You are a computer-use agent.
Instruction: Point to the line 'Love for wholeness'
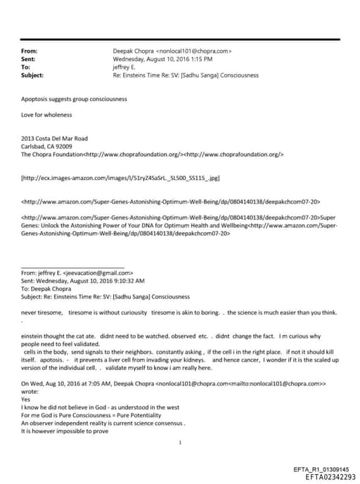(x=46, y=114)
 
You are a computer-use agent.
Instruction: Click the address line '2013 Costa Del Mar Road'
(x=56, y=139)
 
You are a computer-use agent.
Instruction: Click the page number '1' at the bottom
(x=181, y=442)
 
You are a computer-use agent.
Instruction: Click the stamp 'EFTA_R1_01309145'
(x=321, y=469)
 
